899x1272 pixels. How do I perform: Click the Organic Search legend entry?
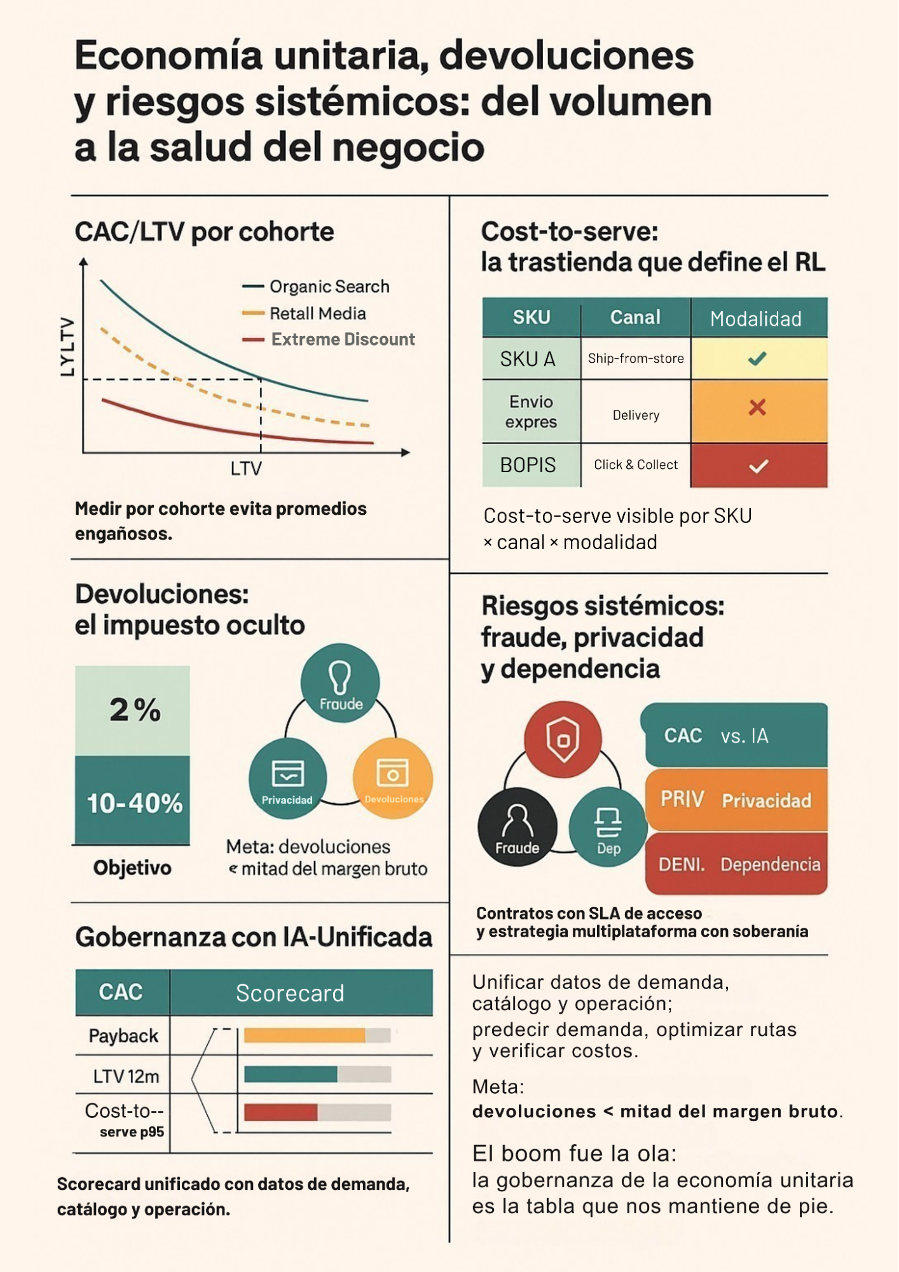click(316, 286)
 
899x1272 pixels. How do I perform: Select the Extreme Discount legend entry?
click(329, 339)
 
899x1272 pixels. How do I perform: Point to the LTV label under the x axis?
click(246, 469)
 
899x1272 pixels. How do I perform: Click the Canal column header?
click(635, 317)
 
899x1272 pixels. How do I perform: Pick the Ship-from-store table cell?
click(636, 358)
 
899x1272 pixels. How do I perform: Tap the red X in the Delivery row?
click(757, 407)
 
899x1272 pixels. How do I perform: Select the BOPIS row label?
click(528, 465)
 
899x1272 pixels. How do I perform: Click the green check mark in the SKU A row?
click(757, 359)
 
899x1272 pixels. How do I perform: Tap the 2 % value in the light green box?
click(135, 709)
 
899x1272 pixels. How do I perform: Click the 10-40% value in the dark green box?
click(135, 803)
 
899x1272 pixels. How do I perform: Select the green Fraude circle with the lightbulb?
click(340, 683)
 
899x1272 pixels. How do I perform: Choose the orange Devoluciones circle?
click(393, 778)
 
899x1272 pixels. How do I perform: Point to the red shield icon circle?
click(563, 739)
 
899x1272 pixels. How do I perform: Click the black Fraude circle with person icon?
click(518, 827)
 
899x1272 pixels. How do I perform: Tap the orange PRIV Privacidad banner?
click(736, 800)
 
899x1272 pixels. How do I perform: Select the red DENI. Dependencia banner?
click(736, 864)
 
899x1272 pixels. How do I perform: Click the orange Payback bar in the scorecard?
click(305, 1035)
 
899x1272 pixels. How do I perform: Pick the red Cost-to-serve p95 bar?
click(281, 1112)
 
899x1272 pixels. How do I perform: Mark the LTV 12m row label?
click(126, 1076)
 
